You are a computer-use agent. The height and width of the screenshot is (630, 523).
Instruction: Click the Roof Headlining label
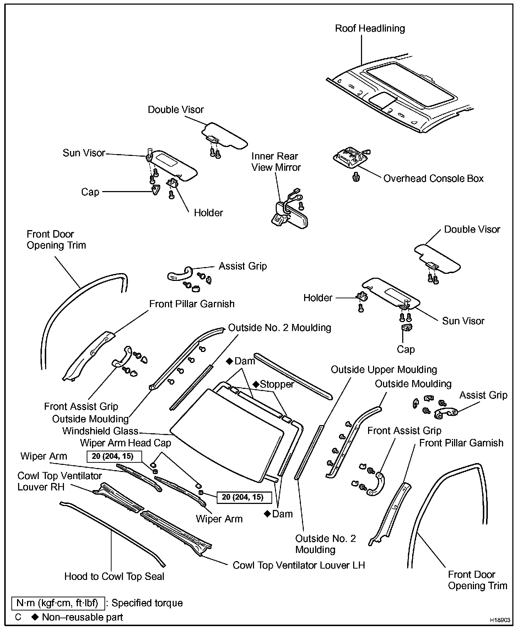pos(370,28)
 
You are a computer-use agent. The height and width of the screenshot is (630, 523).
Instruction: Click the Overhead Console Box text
pos(433,178)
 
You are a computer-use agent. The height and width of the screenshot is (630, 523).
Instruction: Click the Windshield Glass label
pos(100,431)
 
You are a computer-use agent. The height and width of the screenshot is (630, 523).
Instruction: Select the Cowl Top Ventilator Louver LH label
pos(298,565)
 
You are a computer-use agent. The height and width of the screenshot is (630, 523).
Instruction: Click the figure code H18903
pos(500,620)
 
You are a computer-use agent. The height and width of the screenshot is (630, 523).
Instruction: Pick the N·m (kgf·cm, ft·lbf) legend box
pos(58,603)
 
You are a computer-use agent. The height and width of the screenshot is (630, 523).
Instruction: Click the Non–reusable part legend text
pos(82,617)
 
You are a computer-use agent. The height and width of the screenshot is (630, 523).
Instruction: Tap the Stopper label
pos(276,384)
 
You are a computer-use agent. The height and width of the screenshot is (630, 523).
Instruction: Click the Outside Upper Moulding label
pos(384,369)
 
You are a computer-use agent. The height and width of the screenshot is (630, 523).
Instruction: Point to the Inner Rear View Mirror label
pos(276,162)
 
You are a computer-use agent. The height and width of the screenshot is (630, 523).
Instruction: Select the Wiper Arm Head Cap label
pos(125,443)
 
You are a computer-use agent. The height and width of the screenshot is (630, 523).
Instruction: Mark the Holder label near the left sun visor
pos(208,213)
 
